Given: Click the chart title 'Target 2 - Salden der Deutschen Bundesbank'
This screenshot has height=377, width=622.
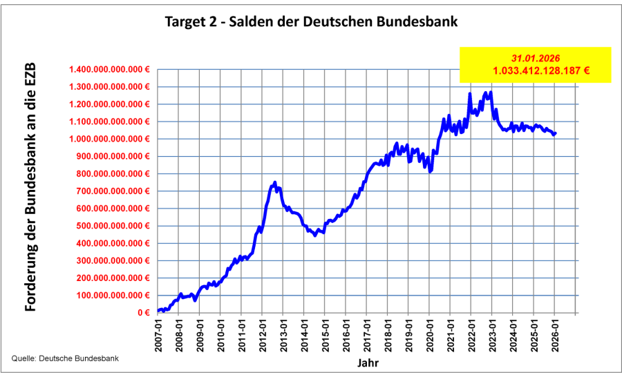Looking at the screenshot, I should pyautogui.click(x=311, y=21).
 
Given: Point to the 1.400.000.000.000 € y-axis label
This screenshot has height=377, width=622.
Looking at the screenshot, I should pyautogui.click(x=110, y=70).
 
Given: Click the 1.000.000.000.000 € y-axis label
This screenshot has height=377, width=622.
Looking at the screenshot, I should pyautogui.click(x=110, y=139).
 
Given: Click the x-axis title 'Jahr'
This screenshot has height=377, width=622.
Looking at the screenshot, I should pyautogui.click(x=367, y=362).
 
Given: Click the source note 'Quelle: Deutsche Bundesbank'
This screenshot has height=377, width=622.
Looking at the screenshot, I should pyautogui.click(x=65, y=358).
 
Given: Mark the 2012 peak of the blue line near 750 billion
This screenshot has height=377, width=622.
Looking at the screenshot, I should pyautogui.click(x=275, y=182).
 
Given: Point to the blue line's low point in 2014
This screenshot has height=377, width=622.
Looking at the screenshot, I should pyautogui.click(x=315, y=235).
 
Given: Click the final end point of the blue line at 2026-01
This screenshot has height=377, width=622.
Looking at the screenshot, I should pyautogui.click(x=556, y=133).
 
